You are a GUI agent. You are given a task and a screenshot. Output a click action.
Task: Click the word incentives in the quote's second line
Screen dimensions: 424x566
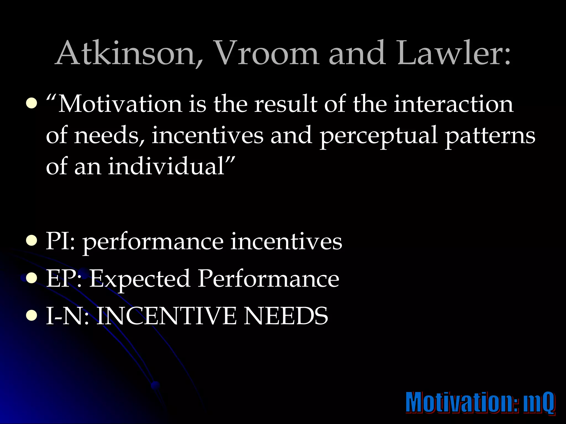coord(207,135)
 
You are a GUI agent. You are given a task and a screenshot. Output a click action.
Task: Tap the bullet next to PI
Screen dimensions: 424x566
coord(32,241)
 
